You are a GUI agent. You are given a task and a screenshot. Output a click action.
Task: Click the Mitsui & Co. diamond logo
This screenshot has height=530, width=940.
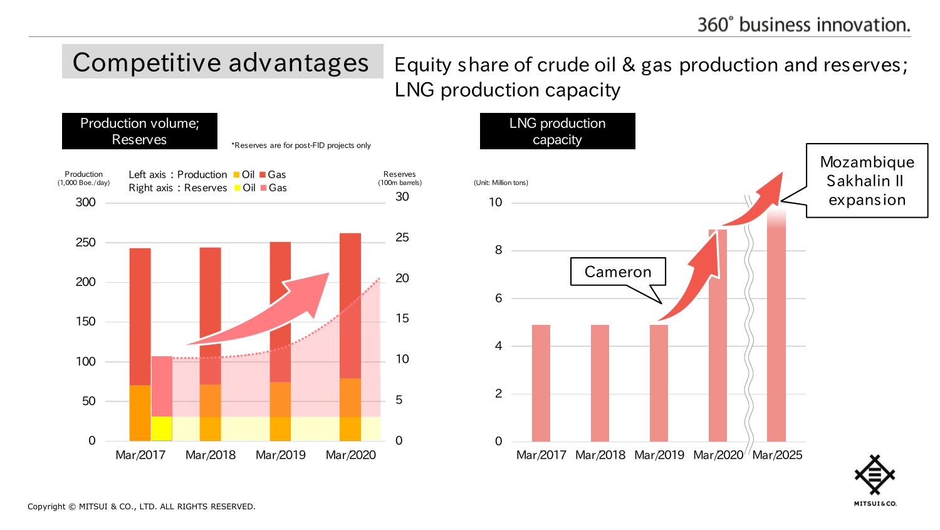point(875,475)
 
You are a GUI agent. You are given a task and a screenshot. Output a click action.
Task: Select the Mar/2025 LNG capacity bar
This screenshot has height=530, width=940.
point(776,326)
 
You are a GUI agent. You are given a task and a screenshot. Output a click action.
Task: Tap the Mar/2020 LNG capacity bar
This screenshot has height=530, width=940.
point(718,336)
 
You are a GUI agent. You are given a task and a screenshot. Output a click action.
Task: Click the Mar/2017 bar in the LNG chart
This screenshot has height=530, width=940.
point(541,383)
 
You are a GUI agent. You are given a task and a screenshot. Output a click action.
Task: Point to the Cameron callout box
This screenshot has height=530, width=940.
point(618,272)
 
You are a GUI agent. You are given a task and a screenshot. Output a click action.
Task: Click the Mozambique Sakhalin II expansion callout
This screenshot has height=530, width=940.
point(867,181)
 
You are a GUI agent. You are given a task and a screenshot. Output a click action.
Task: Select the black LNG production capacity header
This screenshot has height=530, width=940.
point(557,131)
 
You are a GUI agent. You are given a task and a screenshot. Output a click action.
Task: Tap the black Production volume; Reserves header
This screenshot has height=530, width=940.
point(139,131)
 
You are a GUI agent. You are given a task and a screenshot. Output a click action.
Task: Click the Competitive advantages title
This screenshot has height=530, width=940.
point(222,61)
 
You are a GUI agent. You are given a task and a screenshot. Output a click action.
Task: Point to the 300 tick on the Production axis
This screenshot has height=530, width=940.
point(86,203)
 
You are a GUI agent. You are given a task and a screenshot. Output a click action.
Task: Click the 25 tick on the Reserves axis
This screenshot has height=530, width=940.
point(402,238)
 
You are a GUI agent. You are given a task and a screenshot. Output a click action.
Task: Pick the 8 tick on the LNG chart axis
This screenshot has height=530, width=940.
point(499,250)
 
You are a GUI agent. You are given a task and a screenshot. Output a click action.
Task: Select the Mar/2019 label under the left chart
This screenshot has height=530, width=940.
point(281,455)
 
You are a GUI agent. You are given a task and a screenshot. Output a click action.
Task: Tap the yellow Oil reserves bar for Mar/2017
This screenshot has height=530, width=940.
point(162,428)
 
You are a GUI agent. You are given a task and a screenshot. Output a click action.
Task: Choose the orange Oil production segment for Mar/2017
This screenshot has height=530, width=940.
point(140,413)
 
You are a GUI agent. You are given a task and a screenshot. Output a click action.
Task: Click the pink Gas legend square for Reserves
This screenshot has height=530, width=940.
point(263,188)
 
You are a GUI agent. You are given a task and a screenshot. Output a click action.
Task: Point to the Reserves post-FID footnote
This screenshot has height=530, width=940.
point(301,146)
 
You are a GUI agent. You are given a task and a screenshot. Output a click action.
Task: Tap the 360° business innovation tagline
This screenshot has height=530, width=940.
point(803,24)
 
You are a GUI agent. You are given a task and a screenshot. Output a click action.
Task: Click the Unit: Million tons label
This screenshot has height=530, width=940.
point(501,183)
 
